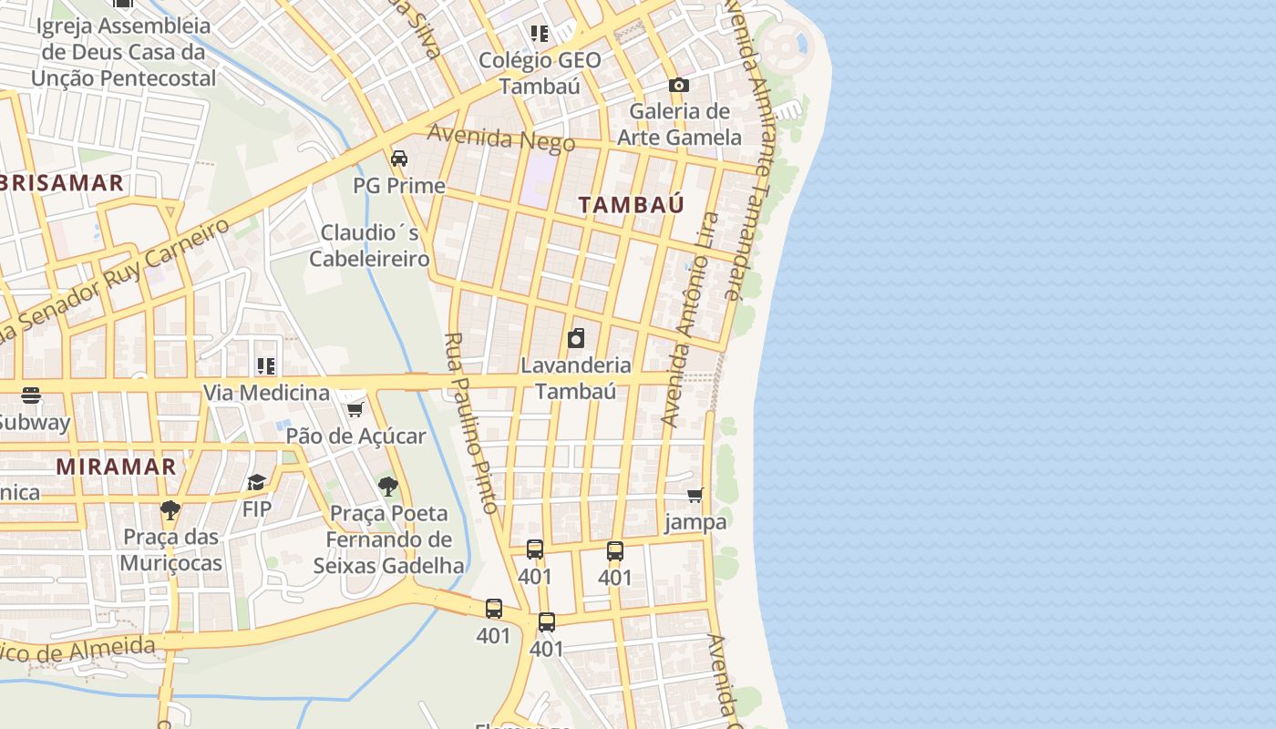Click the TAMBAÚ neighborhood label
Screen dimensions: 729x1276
(631, 205)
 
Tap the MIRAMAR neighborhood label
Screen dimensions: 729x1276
(116, 467)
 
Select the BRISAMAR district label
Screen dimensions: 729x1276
(62, 182)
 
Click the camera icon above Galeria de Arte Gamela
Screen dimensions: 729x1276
(679, 85)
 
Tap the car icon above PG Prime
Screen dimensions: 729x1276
(399, 159)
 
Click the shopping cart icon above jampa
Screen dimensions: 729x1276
(695, 495)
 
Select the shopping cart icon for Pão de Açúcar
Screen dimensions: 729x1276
(355, 409)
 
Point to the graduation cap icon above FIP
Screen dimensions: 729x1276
(257, 481)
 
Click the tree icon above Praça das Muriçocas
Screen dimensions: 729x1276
(170, 509)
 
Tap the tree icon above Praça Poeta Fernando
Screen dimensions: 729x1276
(388, 486)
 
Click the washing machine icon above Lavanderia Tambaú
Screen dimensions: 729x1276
(576, 339)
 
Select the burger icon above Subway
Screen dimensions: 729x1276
(31, 395)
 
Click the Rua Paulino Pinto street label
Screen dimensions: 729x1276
(471, 422)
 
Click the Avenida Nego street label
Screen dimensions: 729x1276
(501, 138)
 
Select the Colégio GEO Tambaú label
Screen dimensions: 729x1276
(540, 73)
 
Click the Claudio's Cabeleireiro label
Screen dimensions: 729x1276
(369, 246)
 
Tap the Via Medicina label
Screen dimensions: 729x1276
(266, 393)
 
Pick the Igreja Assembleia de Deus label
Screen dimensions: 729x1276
(124, 52)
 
